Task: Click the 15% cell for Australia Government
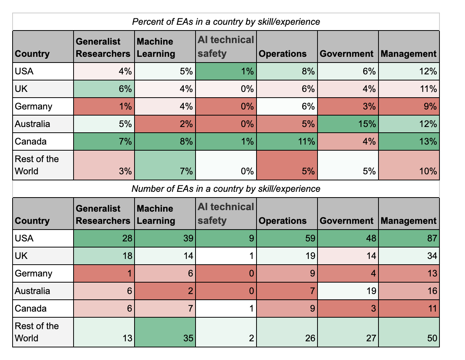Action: coord(348,124)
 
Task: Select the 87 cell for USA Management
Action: coord(409,238)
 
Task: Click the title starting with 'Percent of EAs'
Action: coord(226,22)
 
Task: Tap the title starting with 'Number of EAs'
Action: coord(226,189)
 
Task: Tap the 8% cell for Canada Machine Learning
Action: coord(165,141)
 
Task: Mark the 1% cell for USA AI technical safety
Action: coord(226,71)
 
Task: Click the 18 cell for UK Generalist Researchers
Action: coord(104,256)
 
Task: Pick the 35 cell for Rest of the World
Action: coord(165,332)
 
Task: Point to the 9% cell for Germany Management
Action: coord(409,106)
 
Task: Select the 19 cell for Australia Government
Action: coord(348,291)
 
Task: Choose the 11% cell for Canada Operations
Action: coord(287,141)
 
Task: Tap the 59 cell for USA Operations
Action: coord(287,238)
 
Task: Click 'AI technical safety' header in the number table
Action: coord(226,214)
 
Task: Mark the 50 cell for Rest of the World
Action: coord(409,332)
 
